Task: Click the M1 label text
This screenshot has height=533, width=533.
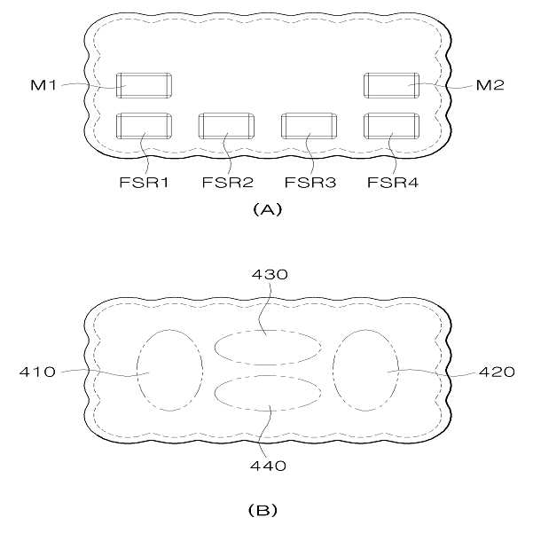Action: [x=43, y=84]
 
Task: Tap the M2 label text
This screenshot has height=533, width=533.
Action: [x=490, y=85]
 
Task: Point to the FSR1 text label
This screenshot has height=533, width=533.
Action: [x=145, y=183]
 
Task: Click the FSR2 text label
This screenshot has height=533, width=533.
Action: [x=228, y=183]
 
